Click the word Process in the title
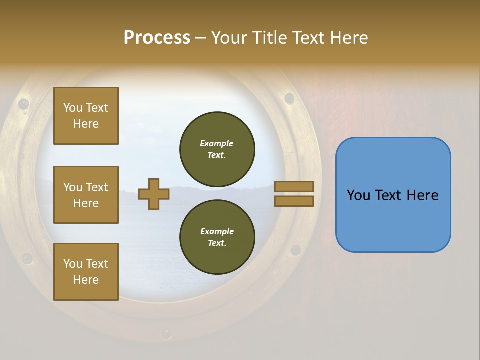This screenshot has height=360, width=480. pos(157,38)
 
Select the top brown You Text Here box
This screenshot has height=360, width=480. pos(86,116)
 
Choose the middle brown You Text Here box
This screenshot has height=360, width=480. pos(86,195)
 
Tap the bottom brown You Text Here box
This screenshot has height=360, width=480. pos(86,271)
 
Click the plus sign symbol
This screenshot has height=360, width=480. pos(153,194)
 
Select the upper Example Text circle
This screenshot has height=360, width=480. pos(217,149)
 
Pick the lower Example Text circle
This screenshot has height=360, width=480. pos(217,237)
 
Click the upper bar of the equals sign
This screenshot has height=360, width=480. pos(294,186)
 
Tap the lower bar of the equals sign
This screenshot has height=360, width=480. pos(294,201)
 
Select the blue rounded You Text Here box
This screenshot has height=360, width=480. pos(393,195)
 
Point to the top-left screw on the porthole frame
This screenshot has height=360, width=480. pos(23,104)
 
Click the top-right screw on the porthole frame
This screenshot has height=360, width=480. pos(289,98)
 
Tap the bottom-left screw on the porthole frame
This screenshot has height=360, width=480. pos(26,259)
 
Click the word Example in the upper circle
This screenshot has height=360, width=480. pos(217,143)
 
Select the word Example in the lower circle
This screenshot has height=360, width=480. pos(217,231)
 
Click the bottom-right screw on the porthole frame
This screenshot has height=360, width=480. pos(295,250)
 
